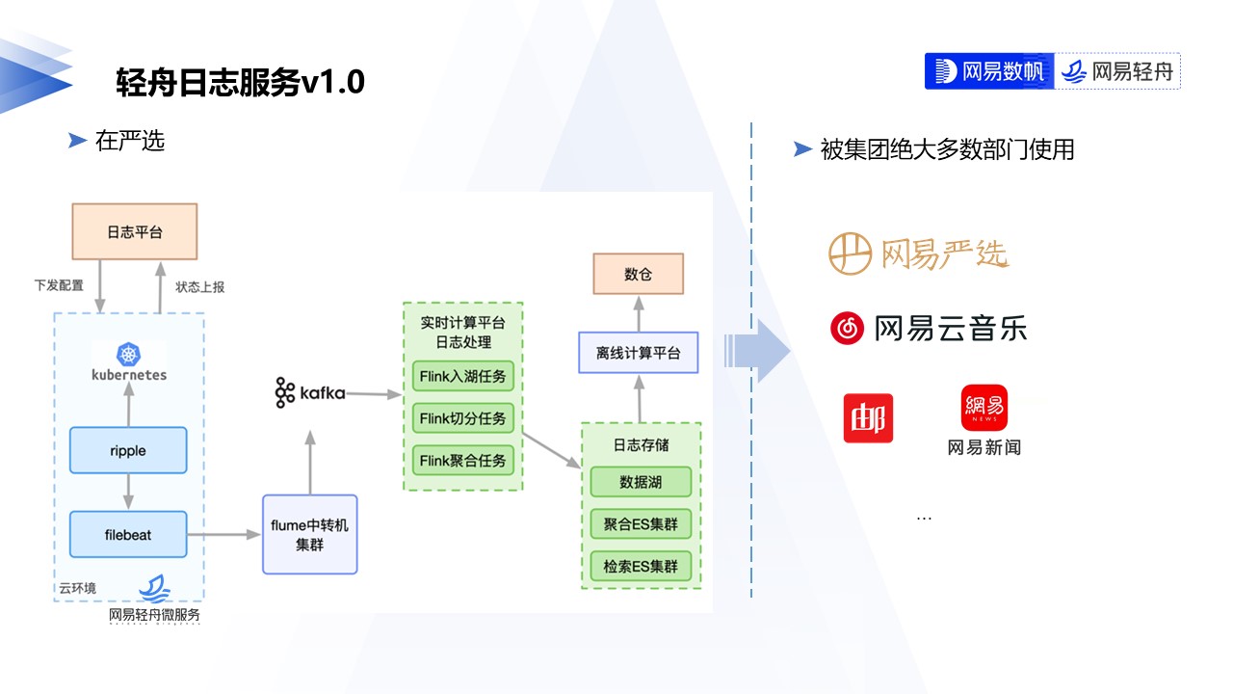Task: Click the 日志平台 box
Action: click(x=135, y=231)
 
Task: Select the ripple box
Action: click(x=128, y=451)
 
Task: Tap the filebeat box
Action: click(x=128, y=534)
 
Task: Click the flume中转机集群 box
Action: click(x=310, y=534)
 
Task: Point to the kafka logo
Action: click(x=309, y=393)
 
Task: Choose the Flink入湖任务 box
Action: click(x=462, y=376)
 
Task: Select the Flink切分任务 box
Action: click(x=462, y=419)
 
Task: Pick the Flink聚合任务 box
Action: click(x=462, y=461)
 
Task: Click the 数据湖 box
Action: click(x=641, y=482)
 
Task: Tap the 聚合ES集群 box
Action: click(x=641, y=524)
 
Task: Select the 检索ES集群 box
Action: click(x=641, y=567)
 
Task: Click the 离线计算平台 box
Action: click(x=637, y=353)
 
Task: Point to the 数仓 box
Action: click(x=638, y=274)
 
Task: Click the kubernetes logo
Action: click(x=128, y=362)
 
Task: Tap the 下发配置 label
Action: click(x=59, y=286)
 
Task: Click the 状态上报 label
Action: click(x=199, y=286)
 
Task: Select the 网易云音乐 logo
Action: click(x=929, y=329)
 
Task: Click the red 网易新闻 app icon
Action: click(x=984, y=408)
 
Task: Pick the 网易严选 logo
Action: click(x=918, y=254)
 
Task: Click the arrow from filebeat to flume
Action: click(x=224, y=534)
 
